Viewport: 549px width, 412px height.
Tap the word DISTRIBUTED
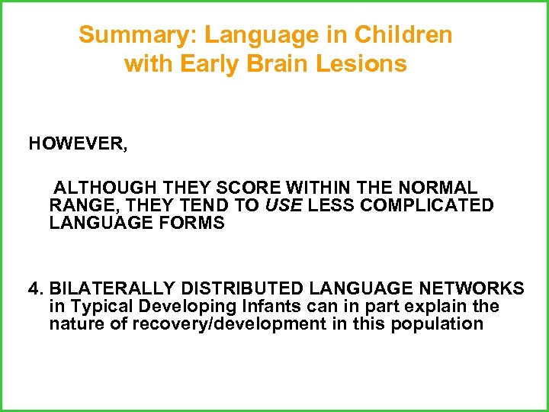pos(249,288)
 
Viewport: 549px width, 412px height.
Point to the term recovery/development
pos(211,323)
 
